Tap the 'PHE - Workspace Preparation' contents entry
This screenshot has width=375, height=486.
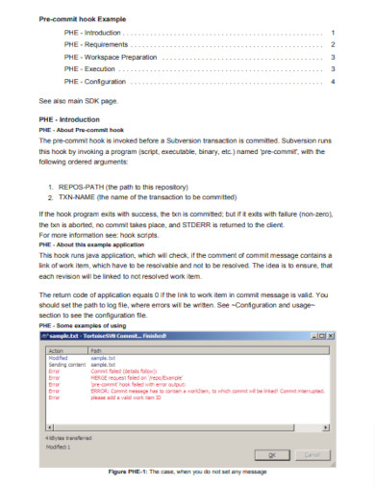(110, 57)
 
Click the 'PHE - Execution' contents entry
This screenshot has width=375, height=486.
(88, 69)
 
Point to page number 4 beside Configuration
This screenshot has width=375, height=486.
(333, 82)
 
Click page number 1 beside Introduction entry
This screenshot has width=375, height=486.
(333, 32)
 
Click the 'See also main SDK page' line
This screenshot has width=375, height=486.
(77, 100)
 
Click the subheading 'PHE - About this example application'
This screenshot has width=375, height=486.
(92, 243)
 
